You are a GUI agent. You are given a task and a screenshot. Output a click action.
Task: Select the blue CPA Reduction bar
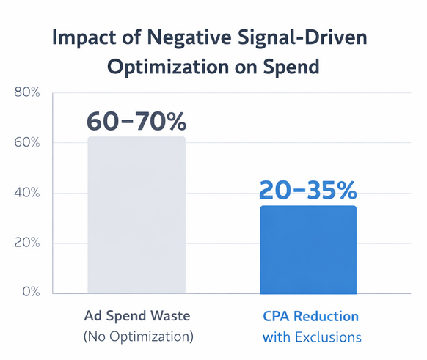[x=308, y=249]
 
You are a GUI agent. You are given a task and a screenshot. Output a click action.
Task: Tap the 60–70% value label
[x=136, y=121]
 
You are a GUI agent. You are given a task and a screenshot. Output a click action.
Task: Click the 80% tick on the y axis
[x=26, y=92]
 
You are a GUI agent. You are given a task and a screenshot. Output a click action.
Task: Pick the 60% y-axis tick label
[x=26, y=142]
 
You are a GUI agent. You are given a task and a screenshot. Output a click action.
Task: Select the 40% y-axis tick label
[x=26, y=193]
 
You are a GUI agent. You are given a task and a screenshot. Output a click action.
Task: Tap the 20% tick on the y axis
[x=26, y=243]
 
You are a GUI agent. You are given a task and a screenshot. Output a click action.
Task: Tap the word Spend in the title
[x=293, y=66]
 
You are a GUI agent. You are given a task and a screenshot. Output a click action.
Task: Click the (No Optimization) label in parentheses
[x=138, y=337]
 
